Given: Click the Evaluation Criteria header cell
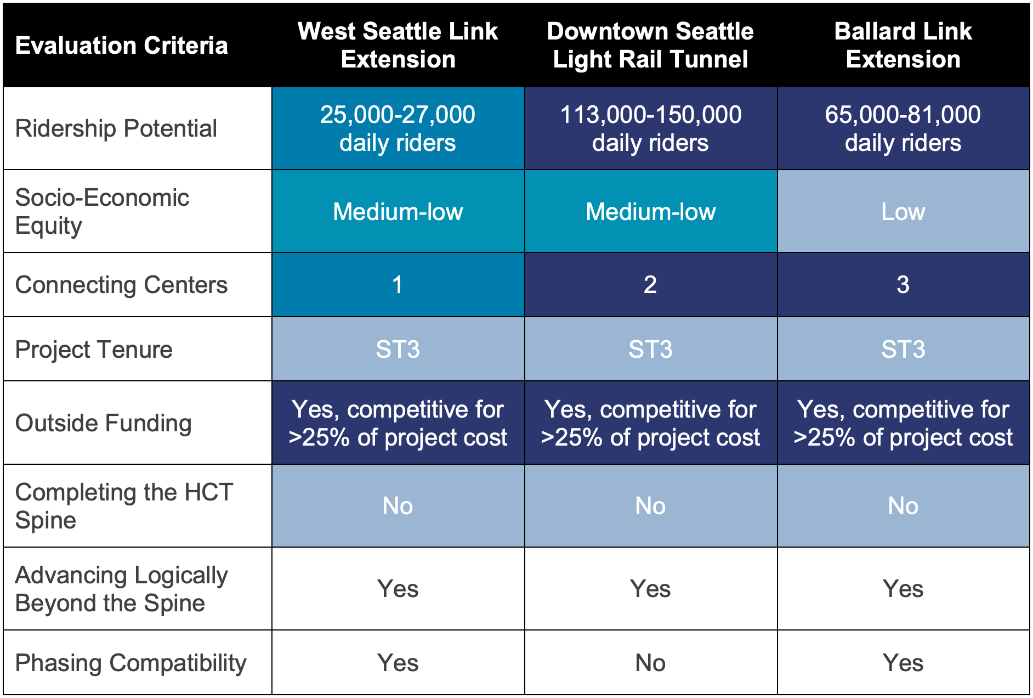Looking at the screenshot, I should pos(121,46).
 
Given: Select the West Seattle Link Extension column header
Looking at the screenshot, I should pos(398,46).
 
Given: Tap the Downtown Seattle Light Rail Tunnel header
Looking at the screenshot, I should pos(650,46).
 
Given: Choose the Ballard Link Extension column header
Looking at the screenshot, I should pos(903,46).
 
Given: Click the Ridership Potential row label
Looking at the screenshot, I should pos(116,129).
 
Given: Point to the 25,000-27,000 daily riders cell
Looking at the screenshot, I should pos(398,129).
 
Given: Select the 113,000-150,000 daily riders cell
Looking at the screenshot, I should pos(650,129).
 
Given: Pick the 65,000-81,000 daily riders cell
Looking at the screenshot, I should pos(903,129).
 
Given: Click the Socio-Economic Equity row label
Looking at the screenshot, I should pos(103,211).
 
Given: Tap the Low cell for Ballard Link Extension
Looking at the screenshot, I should pos(903,212).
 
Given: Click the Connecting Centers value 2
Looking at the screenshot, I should pos(650,285).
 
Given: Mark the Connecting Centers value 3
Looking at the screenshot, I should pos(903,285).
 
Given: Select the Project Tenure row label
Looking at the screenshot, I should pos(94,350).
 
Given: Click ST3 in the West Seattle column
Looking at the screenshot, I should pos(398,350).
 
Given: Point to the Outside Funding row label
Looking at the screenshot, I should pos(104,423).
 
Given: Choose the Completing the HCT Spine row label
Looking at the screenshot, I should pos(124,506).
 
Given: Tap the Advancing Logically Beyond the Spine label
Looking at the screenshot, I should pos(122,589).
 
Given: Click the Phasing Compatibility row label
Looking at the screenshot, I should pos(130,663).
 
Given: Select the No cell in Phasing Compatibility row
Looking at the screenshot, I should pos(650,663).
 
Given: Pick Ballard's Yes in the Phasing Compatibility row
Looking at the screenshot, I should pos(903,663).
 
